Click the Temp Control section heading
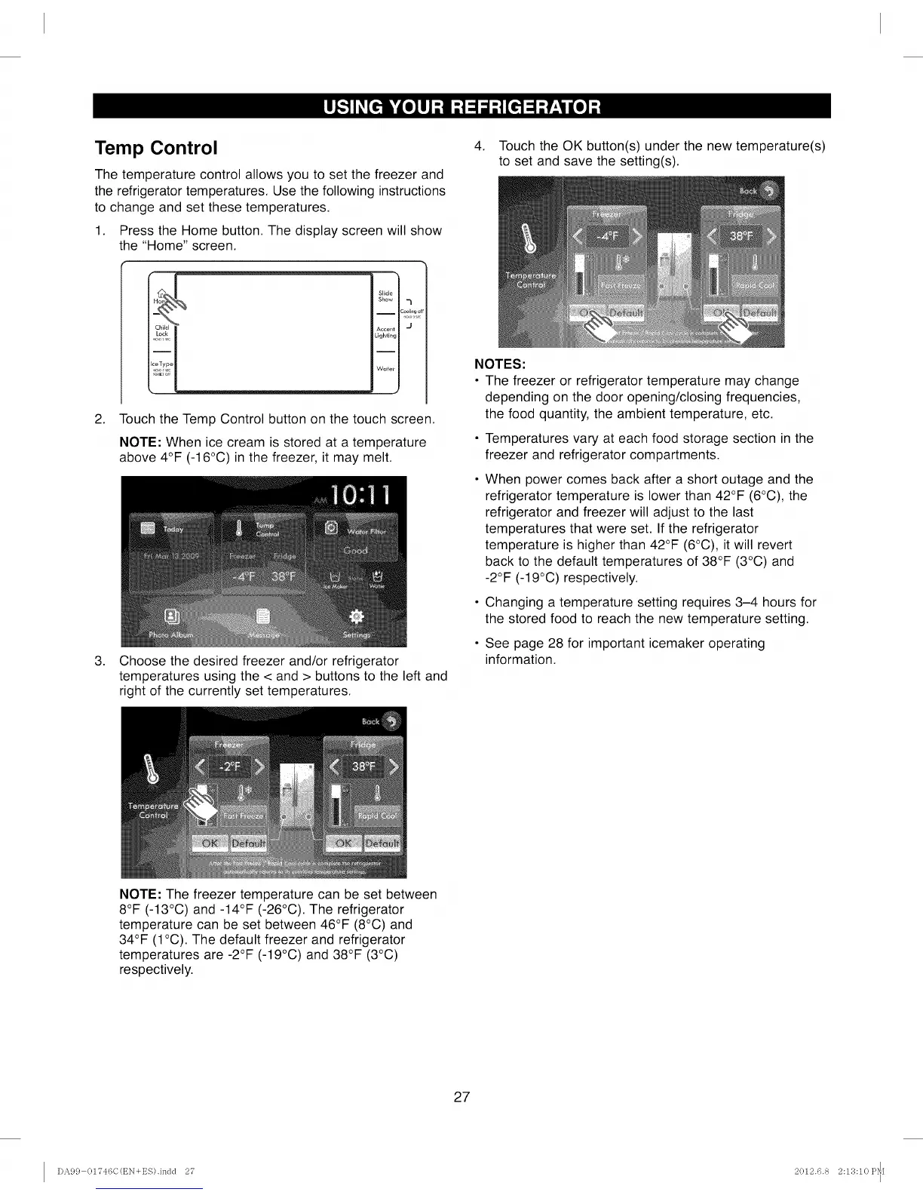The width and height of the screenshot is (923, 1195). click(156, 147)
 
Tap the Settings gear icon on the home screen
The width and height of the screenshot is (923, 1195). click(357, 617)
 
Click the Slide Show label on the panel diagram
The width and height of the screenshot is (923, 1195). click(385, 296)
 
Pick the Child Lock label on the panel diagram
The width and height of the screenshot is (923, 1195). click(161, 330)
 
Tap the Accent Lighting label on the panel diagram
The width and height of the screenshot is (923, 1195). click(385, 332)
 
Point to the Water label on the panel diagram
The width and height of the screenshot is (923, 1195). click(385, 369)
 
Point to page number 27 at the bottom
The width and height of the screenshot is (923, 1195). click(461, 1097)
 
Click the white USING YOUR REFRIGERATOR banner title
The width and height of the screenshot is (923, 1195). click(461, 106)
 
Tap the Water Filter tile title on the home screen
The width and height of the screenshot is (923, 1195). click(366, 531)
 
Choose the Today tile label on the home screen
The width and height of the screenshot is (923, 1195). click(173, 529)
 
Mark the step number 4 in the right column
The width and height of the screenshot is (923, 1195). click(478, 146)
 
